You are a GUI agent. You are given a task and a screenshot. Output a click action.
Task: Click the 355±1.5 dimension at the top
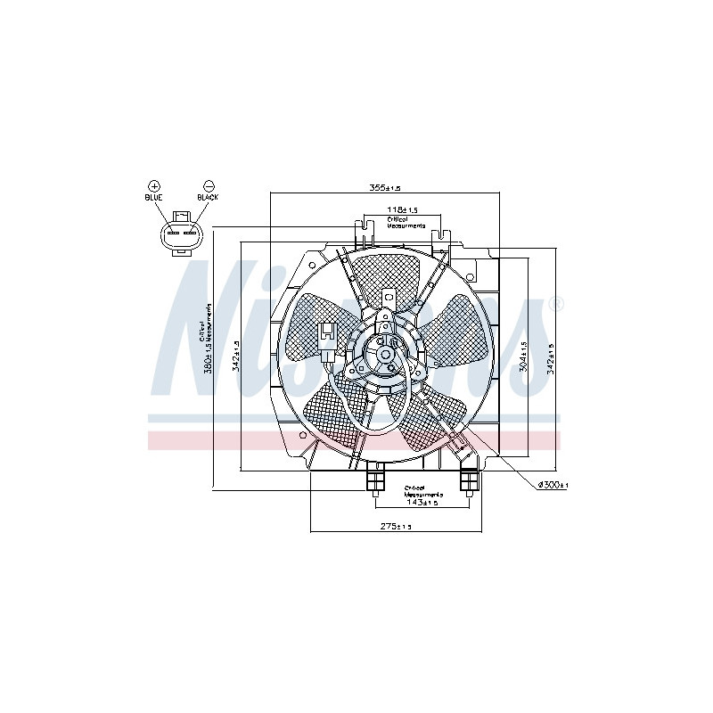pos(386,188)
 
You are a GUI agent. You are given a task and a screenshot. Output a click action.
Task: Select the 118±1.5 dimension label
pos(402,209)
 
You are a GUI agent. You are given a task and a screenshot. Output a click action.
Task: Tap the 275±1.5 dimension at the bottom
pos(395,527)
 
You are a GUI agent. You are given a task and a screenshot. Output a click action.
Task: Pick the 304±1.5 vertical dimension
pos(524,356)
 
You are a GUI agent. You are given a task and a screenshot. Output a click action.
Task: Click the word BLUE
pos(153,197)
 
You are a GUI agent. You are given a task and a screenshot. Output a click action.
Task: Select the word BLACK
pos(208,197)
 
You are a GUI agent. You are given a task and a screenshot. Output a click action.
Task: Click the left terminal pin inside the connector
pos(172,235)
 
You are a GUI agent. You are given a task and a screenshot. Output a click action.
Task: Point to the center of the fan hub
pos(385,354)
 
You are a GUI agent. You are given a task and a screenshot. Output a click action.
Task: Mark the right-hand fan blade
pos(455,331)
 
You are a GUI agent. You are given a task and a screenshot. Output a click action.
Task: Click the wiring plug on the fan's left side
pos(329,339)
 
